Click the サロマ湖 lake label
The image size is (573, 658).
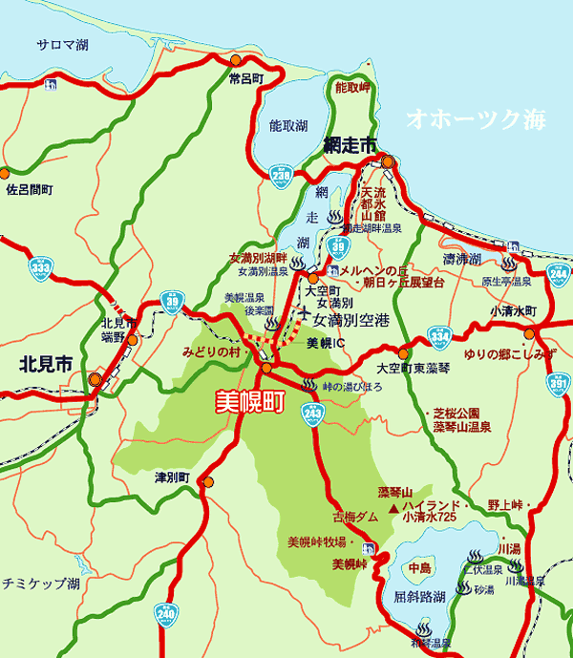63,44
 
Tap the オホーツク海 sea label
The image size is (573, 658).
475,119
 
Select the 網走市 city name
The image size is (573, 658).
350,144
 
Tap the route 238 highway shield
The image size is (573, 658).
281,176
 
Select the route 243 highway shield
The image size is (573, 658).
312,412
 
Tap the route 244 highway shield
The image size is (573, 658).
560,273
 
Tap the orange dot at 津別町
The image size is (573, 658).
207,482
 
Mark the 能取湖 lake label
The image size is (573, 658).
288,125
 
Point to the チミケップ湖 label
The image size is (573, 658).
40,582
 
